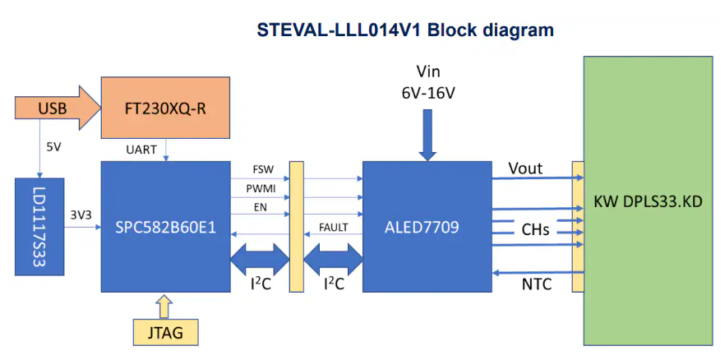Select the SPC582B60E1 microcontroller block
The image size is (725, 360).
[x=165, y=226]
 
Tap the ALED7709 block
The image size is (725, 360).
[x=426, y=226]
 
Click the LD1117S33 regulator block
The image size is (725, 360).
[x=38, y=226]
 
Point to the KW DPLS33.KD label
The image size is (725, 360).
[x=649, y=201]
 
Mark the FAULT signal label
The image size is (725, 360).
[x=333, y=227]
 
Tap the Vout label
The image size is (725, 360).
[x=525, y=168]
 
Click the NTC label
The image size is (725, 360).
[x=536, y=285]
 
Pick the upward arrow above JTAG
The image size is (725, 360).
[x=164, y=307]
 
